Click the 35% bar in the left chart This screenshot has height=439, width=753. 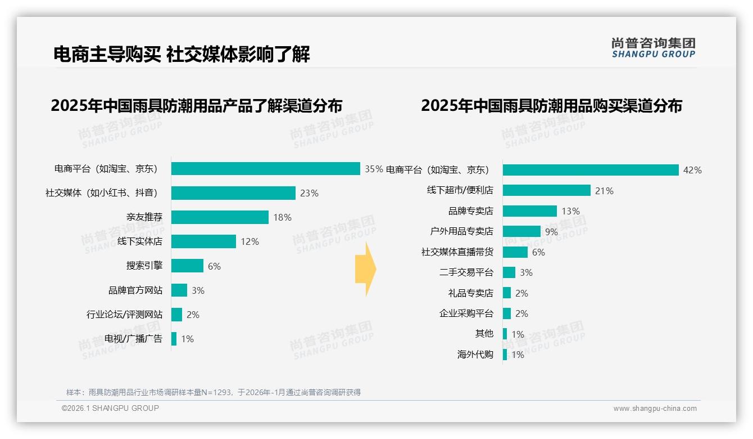[265, 169]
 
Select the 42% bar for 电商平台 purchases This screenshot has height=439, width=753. [591, 170]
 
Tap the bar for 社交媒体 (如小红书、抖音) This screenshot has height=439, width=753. [233, 193]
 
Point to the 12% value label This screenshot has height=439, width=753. [250, 241]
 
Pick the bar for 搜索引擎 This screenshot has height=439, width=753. [187, 266]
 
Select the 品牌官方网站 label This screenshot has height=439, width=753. [135, 290]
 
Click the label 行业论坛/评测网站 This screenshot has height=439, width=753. [124, 315]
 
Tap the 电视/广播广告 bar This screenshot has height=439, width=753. [174, 339]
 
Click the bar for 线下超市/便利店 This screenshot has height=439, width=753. [546, 190]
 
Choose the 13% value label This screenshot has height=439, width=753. [570, 211]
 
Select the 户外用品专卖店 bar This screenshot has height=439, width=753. [521, 231]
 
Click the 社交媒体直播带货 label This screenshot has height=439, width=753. [457, 252]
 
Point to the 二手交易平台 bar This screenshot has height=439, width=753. [509, 272]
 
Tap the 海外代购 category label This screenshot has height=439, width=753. [475, 355]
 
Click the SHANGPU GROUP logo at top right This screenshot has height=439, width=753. [653, 48]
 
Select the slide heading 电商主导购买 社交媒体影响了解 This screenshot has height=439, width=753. [182, 55]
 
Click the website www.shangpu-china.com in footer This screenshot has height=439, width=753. [655, 409]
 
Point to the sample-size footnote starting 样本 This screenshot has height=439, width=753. [214, 392]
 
